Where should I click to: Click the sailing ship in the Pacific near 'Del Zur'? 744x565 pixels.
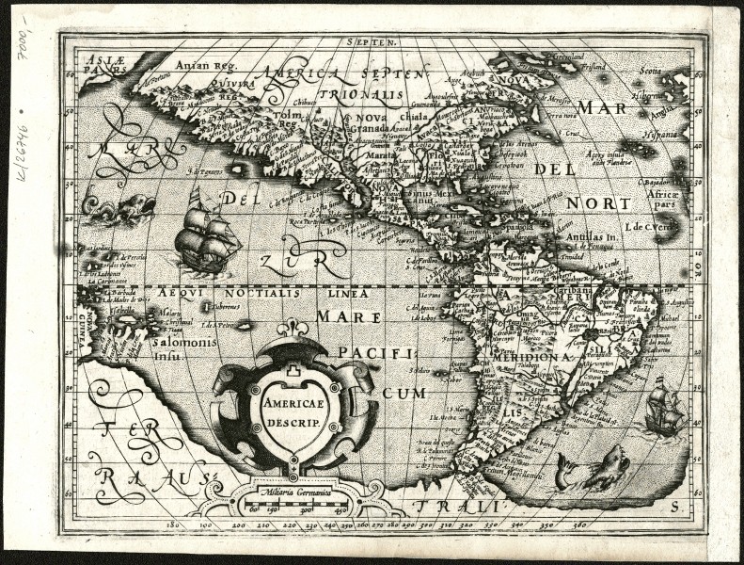(x=204, y=231)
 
